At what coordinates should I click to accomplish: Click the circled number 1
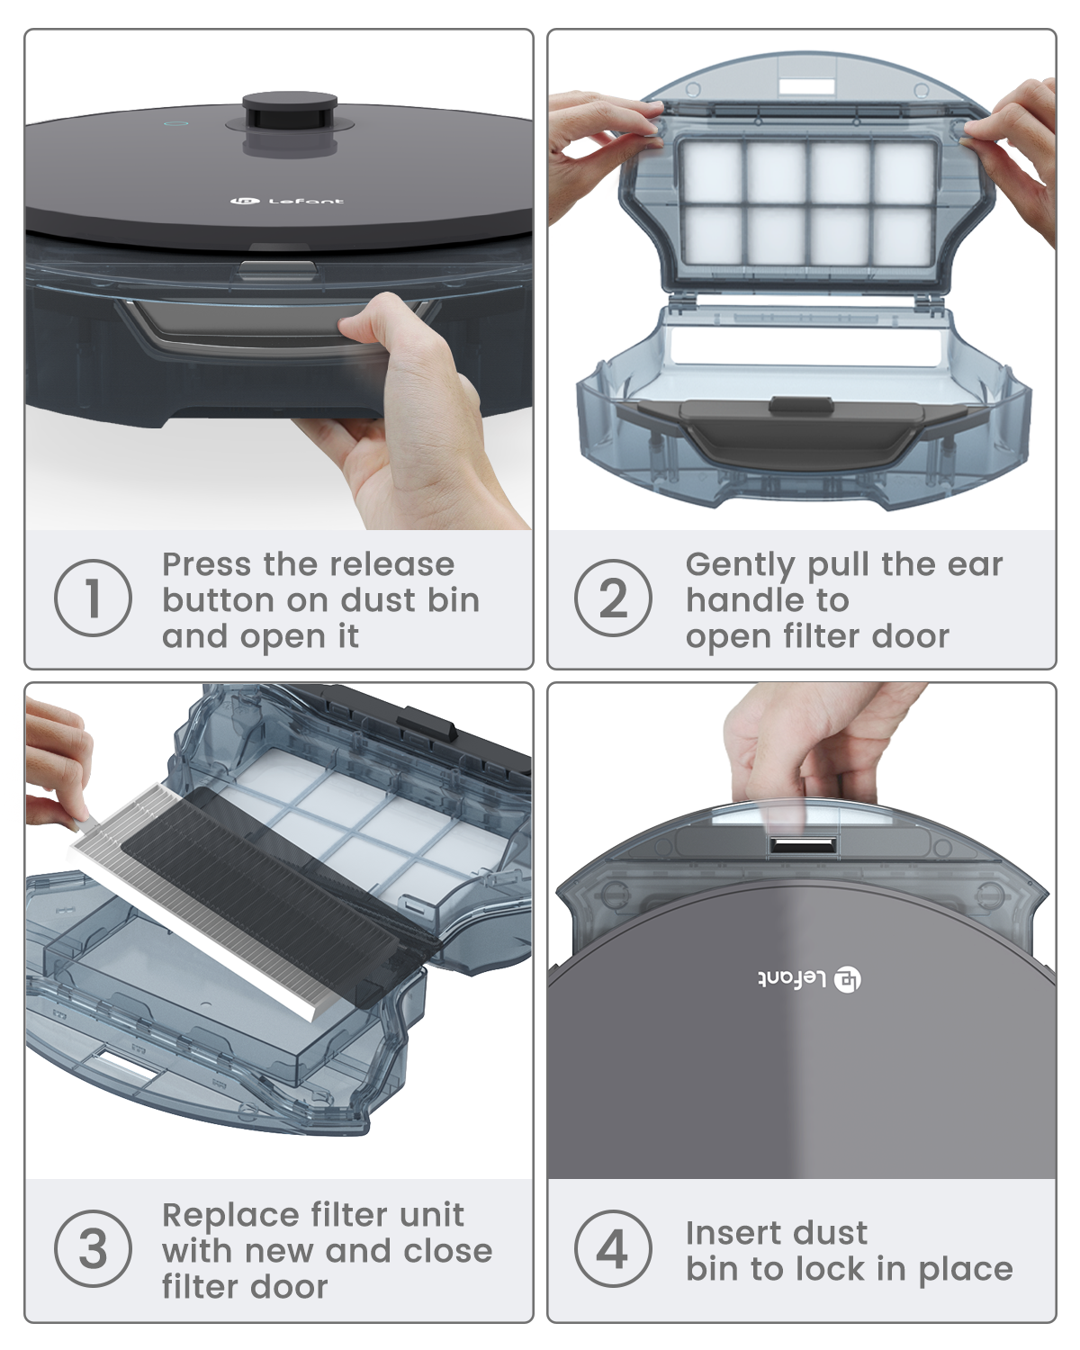click(x=93, y=598)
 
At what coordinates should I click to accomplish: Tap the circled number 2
click(x=613, y=598)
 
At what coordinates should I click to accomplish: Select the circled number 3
click(x=93, y=1248)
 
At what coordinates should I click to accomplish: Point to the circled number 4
click(x=613, y=1248)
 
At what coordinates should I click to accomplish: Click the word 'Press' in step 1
click(x=207, y=564)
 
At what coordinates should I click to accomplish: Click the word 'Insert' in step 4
click(x=729, y=1233)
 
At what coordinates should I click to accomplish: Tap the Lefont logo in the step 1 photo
click(x=287, y=201)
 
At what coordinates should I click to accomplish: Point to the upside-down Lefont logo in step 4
click(x=809, y=978)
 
